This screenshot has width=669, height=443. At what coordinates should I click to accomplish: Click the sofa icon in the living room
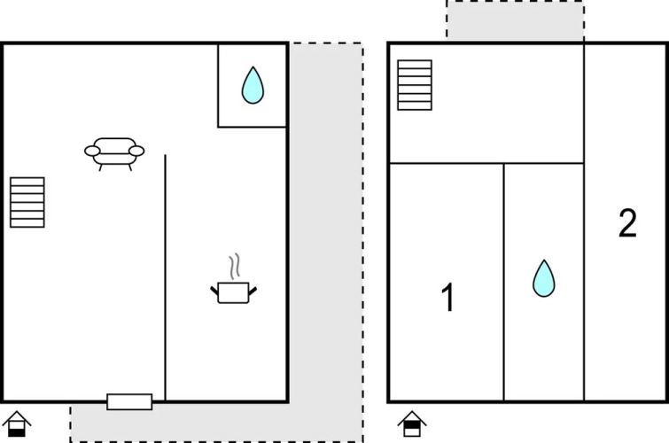tap(114, 153)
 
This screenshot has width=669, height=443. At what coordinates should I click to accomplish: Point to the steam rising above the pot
tap(234, 267)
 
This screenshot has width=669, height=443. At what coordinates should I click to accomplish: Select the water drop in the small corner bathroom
tap(253, 85)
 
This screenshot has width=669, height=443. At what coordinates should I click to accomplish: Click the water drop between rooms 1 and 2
tap(543, 278)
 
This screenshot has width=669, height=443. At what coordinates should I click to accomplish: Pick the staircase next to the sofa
tap(27, 202)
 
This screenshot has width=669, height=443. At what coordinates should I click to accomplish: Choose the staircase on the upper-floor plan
tap(415, 85)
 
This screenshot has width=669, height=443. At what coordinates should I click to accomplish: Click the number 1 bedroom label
tap(448, 297)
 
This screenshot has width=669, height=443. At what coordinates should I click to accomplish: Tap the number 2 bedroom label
tap(627, 222)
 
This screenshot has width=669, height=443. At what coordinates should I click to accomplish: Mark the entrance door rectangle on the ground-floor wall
tap(129, 401)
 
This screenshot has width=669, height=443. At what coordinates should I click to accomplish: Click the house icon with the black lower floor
tap(17, 424)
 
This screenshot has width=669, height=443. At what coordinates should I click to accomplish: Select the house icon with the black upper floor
tap(412, 424)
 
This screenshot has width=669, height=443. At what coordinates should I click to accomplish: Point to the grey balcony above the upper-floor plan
tap(516, 20)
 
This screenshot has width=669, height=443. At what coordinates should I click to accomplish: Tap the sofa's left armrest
tap(92, 151)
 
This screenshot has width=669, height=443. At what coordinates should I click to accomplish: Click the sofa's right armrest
tap(137, 151)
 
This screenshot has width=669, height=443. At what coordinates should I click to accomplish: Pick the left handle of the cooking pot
tap(214, 291)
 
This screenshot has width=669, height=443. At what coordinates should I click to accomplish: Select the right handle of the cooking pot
tap(253, 291)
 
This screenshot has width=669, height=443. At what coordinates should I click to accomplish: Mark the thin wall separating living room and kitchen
tap(165, 277)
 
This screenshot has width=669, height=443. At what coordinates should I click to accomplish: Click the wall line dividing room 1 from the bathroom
tap(504, 282)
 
